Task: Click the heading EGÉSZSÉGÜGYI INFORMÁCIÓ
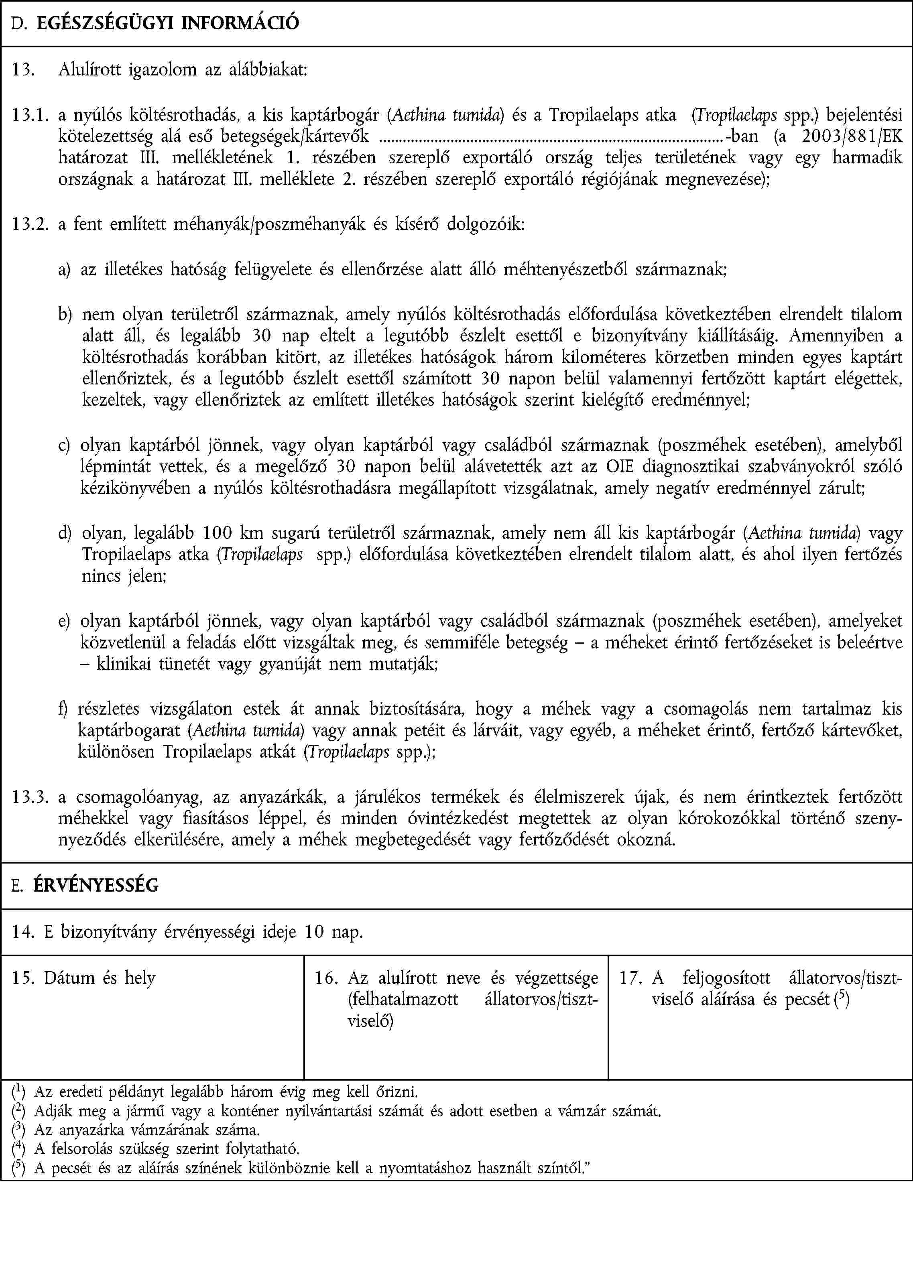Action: pyautogui.click(x=168, y=23)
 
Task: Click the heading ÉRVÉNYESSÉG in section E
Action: pyautogui.click(x=96, y=885)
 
